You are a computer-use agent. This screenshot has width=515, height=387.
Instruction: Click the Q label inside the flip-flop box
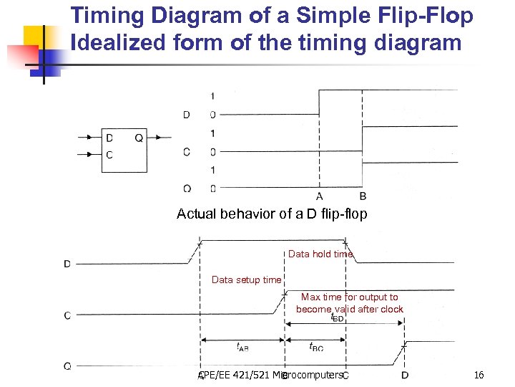coord(139,138)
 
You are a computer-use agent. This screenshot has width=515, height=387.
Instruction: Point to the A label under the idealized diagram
coord(319,196)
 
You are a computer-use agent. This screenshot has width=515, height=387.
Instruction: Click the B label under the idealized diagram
coord(363,196)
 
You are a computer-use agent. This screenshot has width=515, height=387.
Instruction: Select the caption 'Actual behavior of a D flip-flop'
coord(272,214)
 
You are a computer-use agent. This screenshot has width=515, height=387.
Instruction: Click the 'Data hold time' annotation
coord(320,254)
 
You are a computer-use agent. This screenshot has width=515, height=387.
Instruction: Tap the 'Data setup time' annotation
coord(246,279)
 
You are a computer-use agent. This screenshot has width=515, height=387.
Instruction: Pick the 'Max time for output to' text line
coord(349,297)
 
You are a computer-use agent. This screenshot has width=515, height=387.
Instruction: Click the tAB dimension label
coord(242,346)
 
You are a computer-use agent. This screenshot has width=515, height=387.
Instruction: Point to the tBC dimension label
coord(315,346)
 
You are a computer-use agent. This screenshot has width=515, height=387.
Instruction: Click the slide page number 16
coord(479,375)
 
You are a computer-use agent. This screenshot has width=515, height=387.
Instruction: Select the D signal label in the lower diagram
coord(67,264)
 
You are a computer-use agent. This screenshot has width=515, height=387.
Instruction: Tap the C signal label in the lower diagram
coord(67,315)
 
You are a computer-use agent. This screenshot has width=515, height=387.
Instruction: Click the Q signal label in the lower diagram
coord(67,365)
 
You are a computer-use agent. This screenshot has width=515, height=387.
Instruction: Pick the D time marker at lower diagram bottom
coord(405,375)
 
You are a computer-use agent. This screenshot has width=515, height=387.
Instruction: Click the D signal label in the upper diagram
coord(186,115)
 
